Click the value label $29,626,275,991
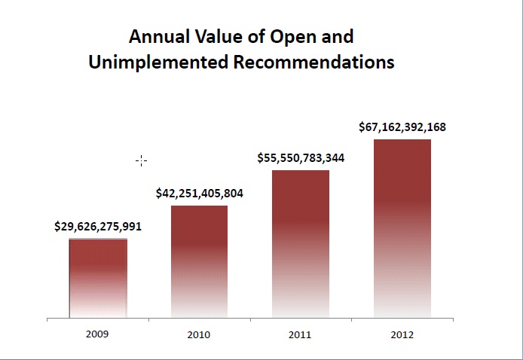[x=98, y=226]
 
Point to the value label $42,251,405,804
[x=200, y=194]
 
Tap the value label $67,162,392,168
[x=402, y=127]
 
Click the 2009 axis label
[x=98, y=334]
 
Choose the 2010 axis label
[x=200, y=334]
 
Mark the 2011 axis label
[x=300, y=334]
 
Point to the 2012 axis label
[x=402, y=334]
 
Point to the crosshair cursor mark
[x=141, y=160]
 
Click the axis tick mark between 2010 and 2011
[x=250, y=321]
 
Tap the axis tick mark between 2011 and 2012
[x=351, y=321]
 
